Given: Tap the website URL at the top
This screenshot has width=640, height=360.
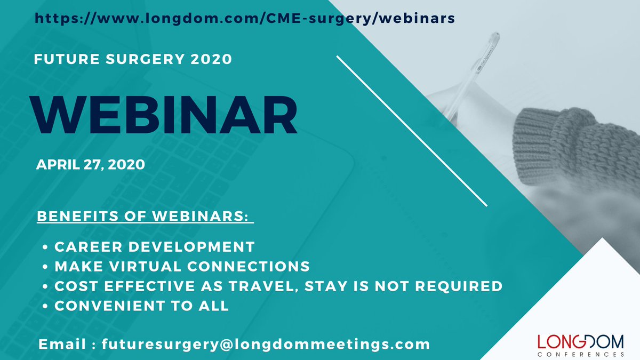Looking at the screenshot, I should click(245, 18).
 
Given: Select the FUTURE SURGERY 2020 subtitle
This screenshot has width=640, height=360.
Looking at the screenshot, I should click(133, 59).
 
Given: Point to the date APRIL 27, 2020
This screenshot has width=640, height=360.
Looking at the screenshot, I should click(90, 165).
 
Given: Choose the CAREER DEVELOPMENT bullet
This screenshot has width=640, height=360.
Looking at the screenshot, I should click(154, 247).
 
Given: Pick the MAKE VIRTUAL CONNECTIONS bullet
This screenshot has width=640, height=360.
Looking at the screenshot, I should click(182, 266).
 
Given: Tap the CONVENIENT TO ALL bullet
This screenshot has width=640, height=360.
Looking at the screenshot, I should click(141, 306).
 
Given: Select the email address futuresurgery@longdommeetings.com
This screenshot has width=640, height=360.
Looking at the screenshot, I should click(266, 344).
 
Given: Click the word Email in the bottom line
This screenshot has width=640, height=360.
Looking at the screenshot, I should click(63, 344).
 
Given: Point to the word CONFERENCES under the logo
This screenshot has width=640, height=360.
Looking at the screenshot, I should click(581, 354).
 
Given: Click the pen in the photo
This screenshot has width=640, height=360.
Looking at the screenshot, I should click(469, 69).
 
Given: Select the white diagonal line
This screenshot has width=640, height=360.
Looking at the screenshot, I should click(412, 131).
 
